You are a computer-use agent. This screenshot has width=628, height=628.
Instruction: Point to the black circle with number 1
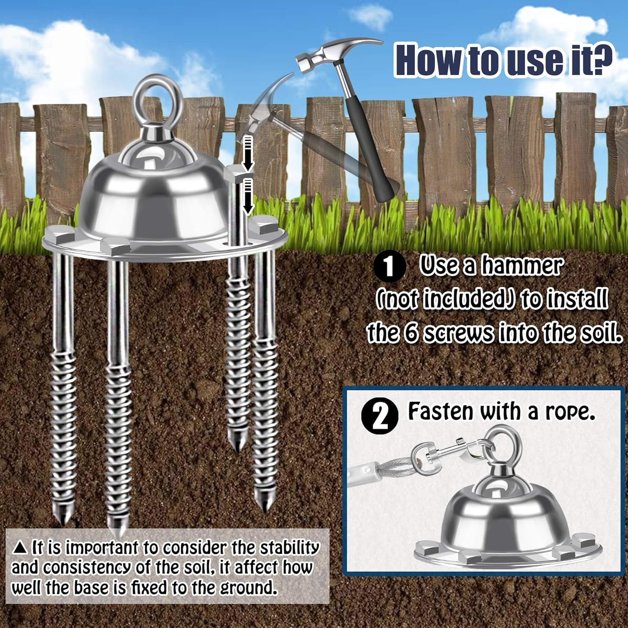389,267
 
